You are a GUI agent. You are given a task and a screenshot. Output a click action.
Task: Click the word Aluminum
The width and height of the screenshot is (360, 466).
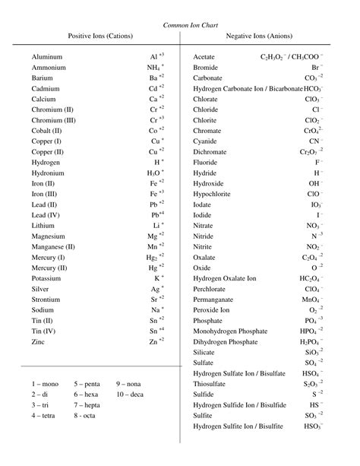pos(47,57)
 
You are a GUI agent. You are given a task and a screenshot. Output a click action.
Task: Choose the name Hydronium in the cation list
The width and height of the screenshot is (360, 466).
pos(49,173)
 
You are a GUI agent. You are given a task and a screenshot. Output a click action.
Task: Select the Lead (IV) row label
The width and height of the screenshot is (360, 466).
pos(46,216)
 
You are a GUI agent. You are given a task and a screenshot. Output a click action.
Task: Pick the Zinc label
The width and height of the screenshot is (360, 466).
pos(39,343)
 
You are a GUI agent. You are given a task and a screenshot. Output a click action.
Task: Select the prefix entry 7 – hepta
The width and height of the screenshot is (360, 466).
pos(90,406)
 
